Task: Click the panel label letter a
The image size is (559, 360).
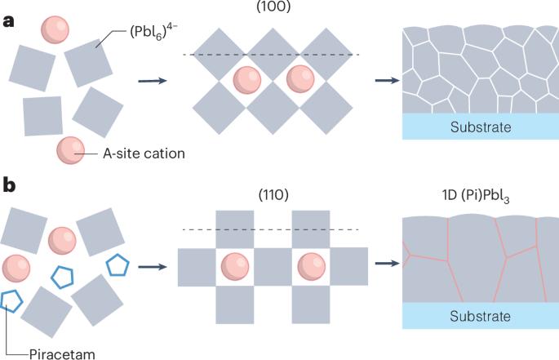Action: click(9, 22)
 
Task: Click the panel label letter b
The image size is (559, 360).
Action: click(9, 185)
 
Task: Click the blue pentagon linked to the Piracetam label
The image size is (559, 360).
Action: click(12, 300)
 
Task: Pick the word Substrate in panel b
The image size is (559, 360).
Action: click(479, 316)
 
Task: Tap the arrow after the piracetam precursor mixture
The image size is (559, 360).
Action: click(149, 265)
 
